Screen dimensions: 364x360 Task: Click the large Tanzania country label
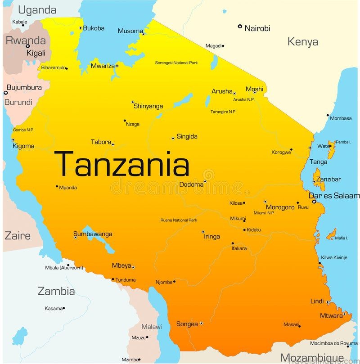tap(121, 164)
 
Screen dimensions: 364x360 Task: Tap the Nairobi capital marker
tap(240, 27)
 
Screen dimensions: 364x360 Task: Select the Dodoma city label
tap(191, 184)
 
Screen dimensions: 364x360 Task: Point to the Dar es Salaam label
tap(334, 196)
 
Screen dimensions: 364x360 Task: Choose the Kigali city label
tap(36, 53)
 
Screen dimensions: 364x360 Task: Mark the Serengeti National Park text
tap(176, 63)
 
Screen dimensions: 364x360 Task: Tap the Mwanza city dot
tap(117, 66)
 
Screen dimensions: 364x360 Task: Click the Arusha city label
tap(222, 91)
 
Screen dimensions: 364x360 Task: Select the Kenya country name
tap(303, 42)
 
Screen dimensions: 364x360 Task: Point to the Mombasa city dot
tap(328, 115)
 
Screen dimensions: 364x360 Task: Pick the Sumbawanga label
tap(93, 234)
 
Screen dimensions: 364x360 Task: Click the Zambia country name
tap(56, 291)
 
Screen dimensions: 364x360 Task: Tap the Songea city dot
tap(201, 323)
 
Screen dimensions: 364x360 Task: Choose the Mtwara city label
tap(331, 315)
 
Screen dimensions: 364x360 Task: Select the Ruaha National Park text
tap(179, 220)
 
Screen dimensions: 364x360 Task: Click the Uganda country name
tap(37, 10)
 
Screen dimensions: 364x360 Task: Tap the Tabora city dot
tap(112, 144)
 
